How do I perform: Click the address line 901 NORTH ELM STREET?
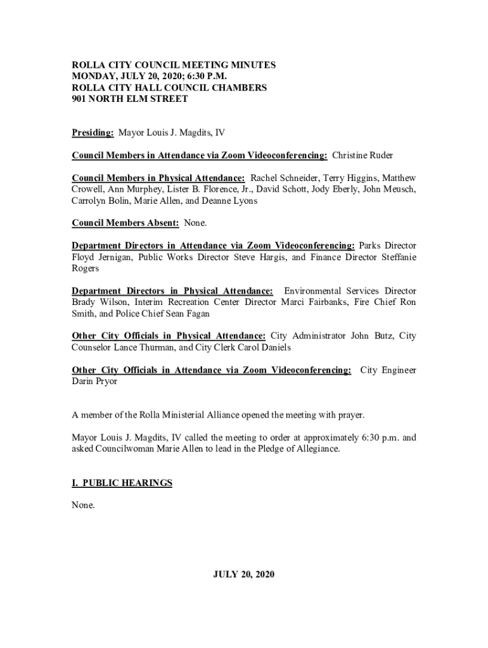coord(130,99)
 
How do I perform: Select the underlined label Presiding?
coord(93,133)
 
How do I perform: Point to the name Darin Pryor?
coord(94,382)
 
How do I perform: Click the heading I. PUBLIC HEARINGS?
coord(122,483)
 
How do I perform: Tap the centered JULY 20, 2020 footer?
coord(244,575)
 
